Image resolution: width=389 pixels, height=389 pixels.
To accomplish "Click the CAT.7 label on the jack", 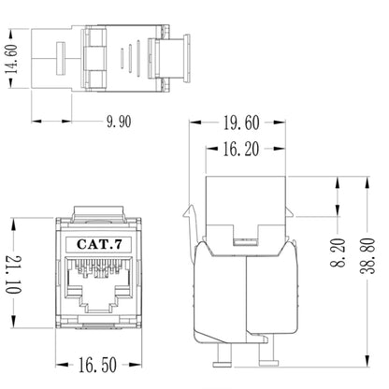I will coord(98,244).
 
